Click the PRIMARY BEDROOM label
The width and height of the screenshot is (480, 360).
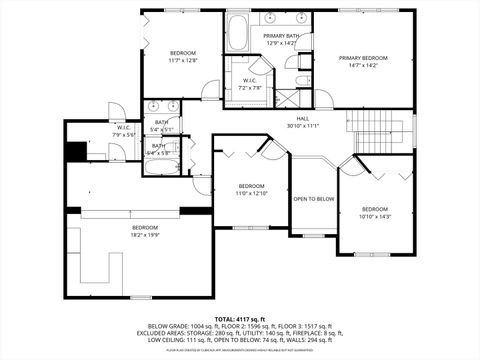pyautogui.click(x=362, y=58)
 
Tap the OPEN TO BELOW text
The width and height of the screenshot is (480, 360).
pyautogui.click(x=313, y=198)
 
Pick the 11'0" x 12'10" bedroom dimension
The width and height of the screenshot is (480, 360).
pyautogui.click(x=251, y=192)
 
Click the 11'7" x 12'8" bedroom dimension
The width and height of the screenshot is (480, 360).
pyautogui.click(x=183, y=59)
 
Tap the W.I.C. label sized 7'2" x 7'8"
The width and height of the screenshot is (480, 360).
pyautogui.click(x=249, y=87)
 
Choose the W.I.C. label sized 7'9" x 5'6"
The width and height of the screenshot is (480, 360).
pyautogui.click(x=124, y=134)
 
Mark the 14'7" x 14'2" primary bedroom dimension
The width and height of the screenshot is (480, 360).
pyautogui.click(x=362, y=65)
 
